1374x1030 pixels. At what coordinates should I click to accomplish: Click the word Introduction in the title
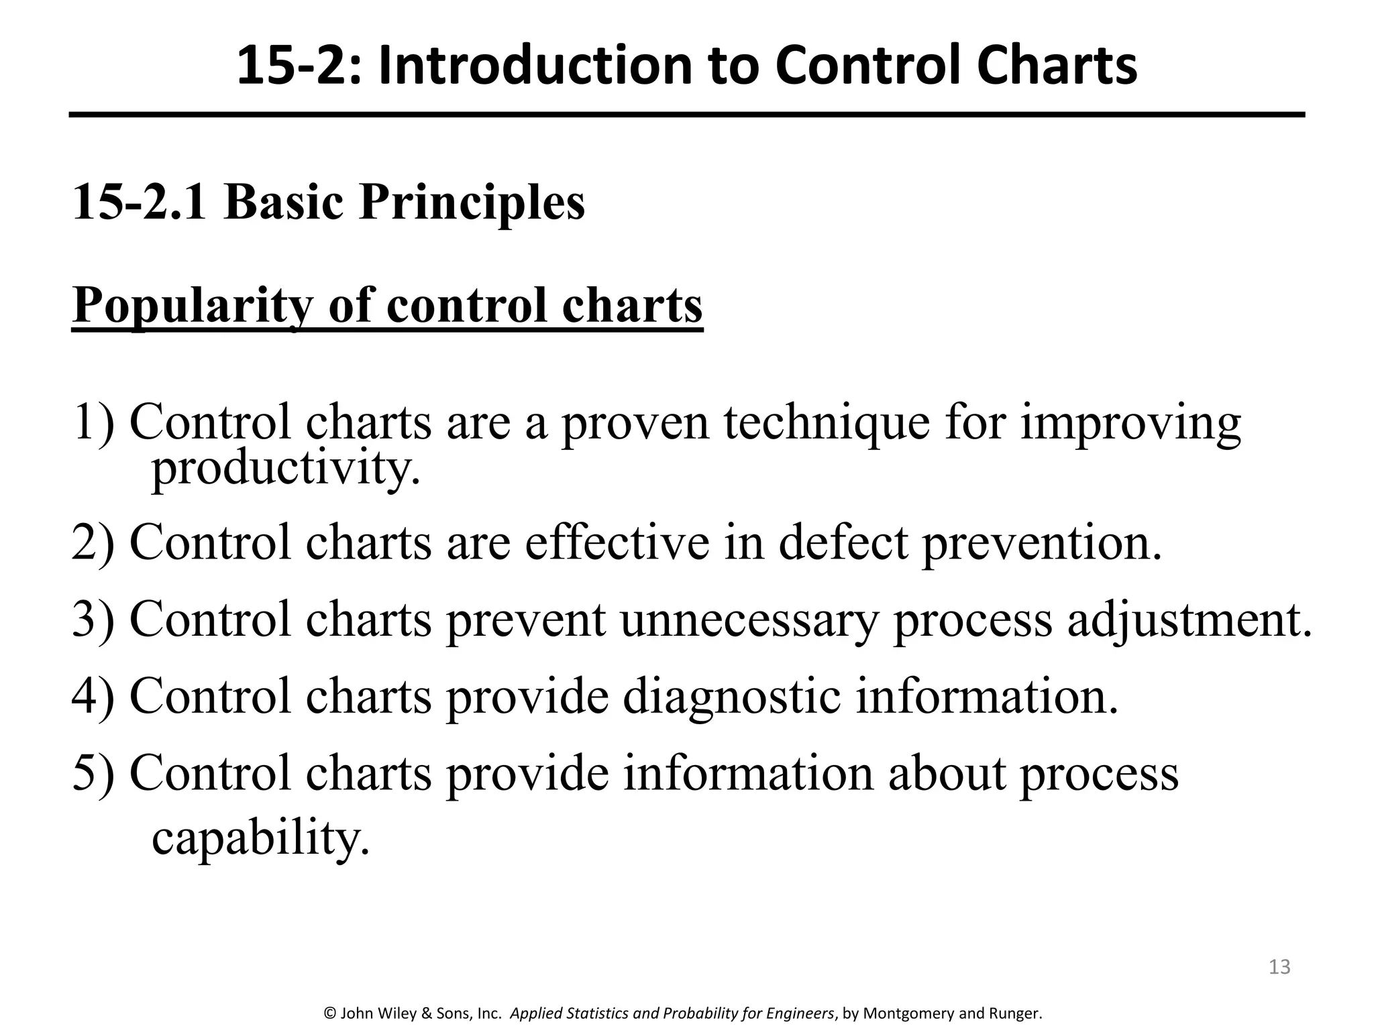[534, 66]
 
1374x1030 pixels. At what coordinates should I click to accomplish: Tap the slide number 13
[1279, 966]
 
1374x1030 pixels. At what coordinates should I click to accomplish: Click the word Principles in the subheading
[472, 203]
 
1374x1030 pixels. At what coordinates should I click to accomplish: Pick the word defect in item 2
[843, 542]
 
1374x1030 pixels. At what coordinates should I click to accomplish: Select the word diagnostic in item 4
[731, 696]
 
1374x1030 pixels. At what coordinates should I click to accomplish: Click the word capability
[260, 838]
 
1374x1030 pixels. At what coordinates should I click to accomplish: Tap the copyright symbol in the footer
[329, 1013]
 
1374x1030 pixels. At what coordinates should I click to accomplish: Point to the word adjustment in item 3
[1189, 619]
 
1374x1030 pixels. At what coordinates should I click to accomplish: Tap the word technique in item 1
[827, 424]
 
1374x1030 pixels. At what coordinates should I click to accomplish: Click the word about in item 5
[947, 773]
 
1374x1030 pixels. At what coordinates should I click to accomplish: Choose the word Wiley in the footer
[396, 1013]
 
